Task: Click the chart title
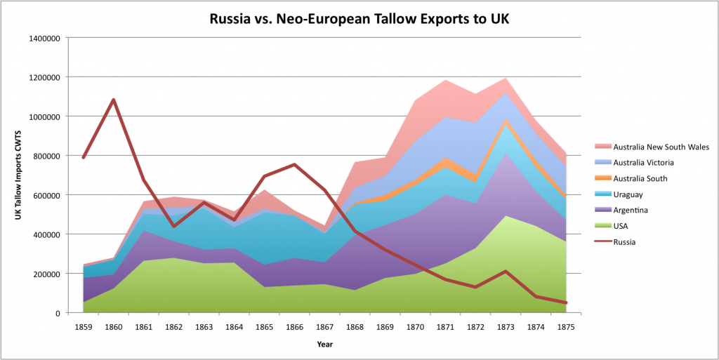point(359,18)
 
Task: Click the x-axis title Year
point(324,345)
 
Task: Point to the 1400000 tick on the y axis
point(45,38)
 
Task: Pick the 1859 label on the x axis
point(84,326)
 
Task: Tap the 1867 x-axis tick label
point(324,326)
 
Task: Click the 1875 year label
point(565,326)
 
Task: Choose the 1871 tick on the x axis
point(445,326)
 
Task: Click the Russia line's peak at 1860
point(114,100)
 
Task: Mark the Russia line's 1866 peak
point(294,164)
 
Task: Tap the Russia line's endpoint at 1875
point(565,302)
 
